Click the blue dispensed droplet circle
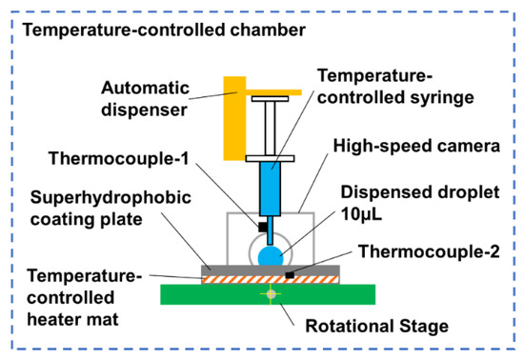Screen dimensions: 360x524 tap(270, 252)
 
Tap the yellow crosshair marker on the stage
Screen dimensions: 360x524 tap(270, 294)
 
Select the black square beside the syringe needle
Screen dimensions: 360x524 tap(259, 226)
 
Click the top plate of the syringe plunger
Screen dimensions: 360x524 tap(270, 98)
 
